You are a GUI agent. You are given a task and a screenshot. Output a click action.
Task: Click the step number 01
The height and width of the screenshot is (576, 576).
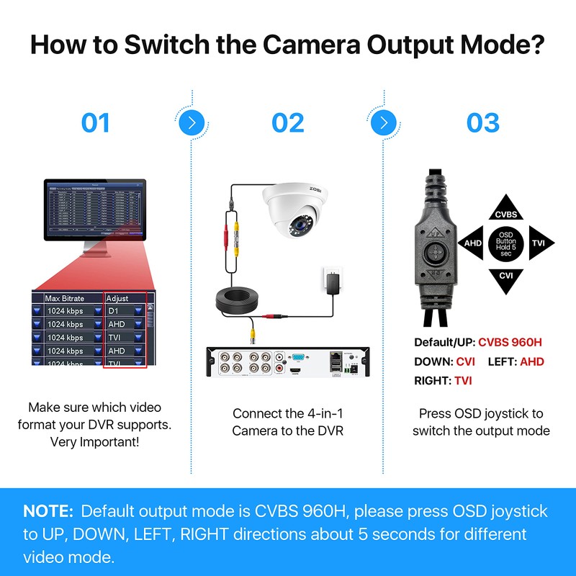[x=95, y=122]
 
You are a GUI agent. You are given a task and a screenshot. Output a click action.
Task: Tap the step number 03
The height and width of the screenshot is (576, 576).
[x=482, y=122]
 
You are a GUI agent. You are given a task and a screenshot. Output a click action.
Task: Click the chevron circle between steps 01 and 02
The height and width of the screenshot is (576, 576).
[x=190, y=122]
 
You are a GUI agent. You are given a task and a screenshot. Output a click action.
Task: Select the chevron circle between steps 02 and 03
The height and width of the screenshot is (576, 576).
[x=384, y=122]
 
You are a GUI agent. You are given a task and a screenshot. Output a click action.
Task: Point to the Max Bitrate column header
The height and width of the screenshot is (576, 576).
[x=65, y=298]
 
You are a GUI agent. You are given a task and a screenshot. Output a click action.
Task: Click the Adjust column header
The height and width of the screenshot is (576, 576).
[x=117, y=298]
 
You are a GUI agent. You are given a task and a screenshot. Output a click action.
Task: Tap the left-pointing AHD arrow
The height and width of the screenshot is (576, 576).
[x=472, y=243]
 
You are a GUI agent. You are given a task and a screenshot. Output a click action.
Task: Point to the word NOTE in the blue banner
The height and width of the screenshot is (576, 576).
[x=48, y=511]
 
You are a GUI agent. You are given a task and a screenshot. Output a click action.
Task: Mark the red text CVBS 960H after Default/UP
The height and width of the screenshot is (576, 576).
[x=511, y=343]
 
